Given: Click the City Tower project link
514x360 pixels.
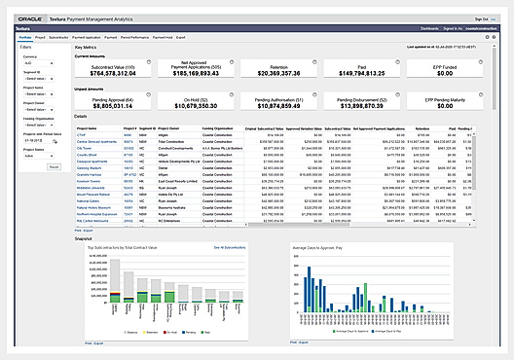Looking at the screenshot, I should [85, 147].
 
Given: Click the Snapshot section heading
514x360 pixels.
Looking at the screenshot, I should [83, 238].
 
